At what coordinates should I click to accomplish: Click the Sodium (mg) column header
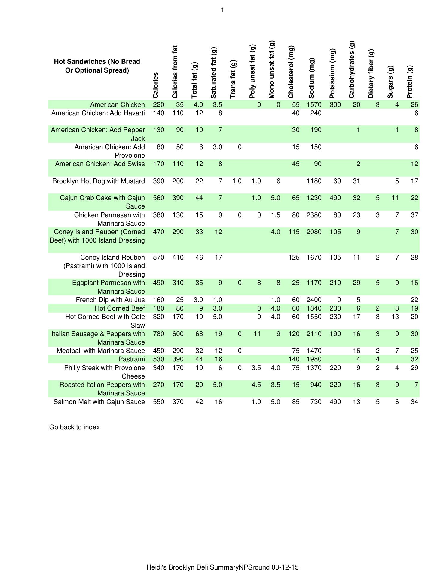pyautogui.click(x=312, y=78)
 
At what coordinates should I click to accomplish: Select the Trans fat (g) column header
pyautogui.click(x=233, y=79)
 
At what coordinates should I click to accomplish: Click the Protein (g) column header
pyautogui.click(x=410, y=82)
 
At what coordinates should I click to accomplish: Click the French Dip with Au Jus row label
pyautogui.click(x=110, y=300)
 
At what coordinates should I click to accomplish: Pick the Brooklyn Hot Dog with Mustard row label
pyautogui.click(x=99, y=181)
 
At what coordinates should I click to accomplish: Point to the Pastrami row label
pyautogui.click(x=132, y=359)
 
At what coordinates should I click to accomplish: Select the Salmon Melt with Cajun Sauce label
pyautogui.click(x=99, y=402)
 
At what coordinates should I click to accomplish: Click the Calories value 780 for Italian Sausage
pyautogui.click(x=159, y=334)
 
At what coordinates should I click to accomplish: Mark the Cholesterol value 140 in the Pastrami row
pyautogui.click(x=294, y=359)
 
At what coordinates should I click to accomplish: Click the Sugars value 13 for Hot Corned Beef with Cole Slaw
pyautogui.click(x=395, y=317)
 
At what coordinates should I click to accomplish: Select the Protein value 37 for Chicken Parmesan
pyautogui.click(x=414, y=215)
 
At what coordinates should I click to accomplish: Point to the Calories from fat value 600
pyautogui.click(x=178, y=334)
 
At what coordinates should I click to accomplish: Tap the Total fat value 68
pyautogui.click(x=199, y=334)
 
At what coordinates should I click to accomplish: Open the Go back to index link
pyautogui.click(x=74, y=427)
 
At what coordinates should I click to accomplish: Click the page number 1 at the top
pyautogui.click(x=222, y=10)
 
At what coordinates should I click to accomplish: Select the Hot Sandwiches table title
pyautogui.click(x=97, y=66)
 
